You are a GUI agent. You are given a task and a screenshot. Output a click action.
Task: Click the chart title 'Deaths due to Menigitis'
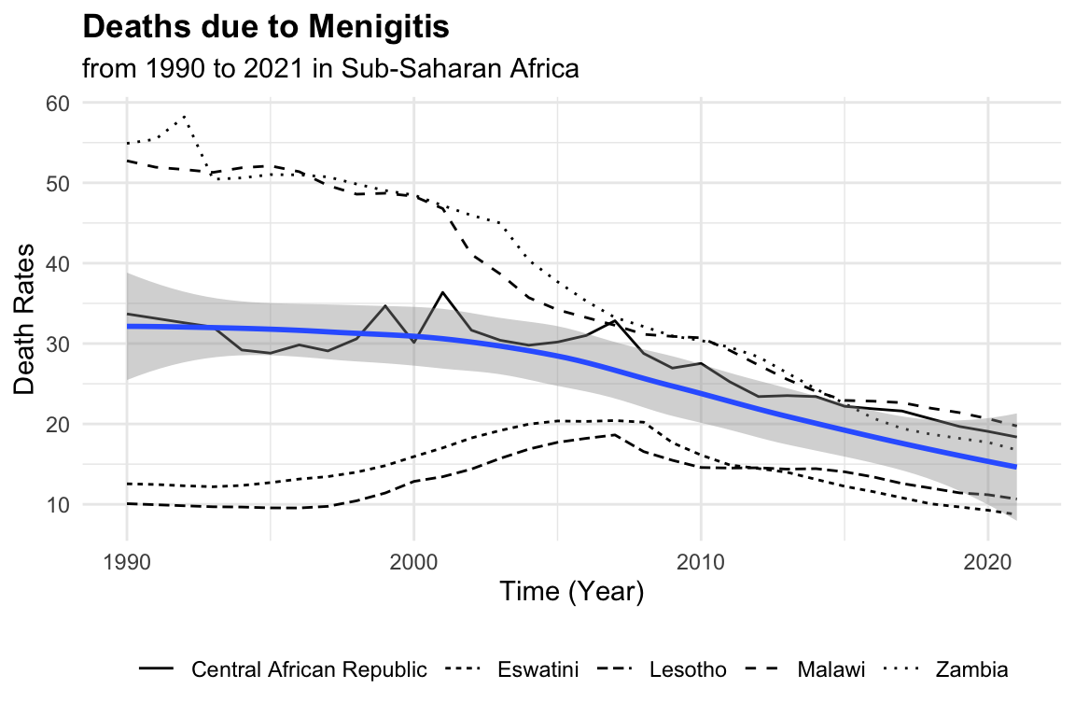tap(266, 28)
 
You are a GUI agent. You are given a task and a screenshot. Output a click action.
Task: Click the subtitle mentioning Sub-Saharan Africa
tap(331, 69)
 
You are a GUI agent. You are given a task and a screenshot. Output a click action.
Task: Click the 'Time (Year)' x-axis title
tap(571, 592)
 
